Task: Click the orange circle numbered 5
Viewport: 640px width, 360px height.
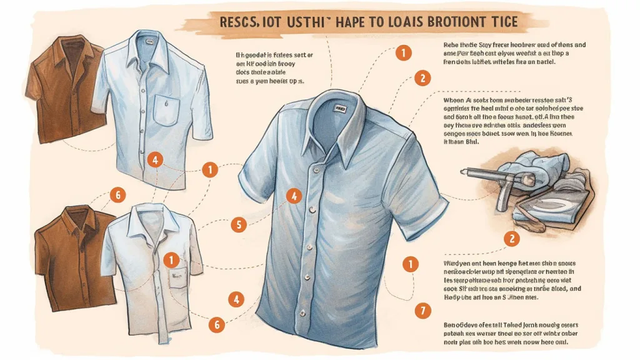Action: coord(238,225)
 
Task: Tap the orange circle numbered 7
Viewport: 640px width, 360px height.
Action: coord(423,309)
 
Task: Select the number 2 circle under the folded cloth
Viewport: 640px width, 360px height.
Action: coord(511,238)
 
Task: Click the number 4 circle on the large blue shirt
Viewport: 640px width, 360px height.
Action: coord(293,196)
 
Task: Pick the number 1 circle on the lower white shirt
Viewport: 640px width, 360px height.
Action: coord(170,259)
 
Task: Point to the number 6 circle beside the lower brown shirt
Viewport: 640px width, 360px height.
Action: coord(117,195)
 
